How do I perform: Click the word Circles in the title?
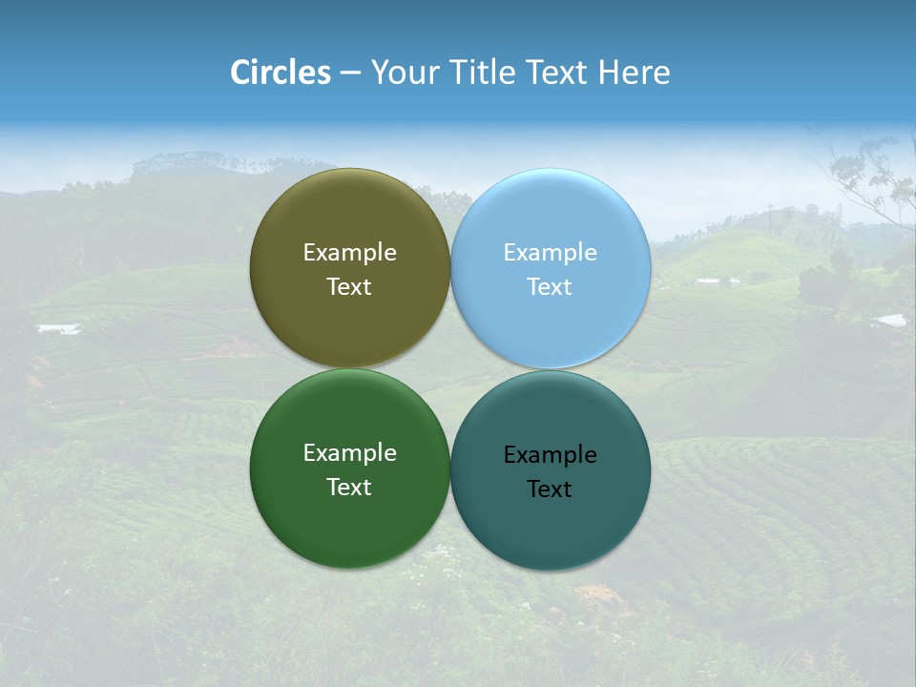click(281, 73)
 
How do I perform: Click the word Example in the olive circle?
click(349, 253)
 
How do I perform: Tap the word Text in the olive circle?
click(349, 287)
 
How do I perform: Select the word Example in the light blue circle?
click(550, 253)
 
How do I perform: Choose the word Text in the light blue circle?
click(550, 287)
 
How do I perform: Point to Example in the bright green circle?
click(349, 453)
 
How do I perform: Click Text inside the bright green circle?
click(349, 488)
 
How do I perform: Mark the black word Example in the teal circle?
click(550, 455)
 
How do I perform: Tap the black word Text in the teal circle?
click(550, 489)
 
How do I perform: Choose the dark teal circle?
click(550, 534)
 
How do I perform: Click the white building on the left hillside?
click(59, 329)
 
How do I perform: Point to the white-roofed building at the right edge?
click(891, 321)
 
